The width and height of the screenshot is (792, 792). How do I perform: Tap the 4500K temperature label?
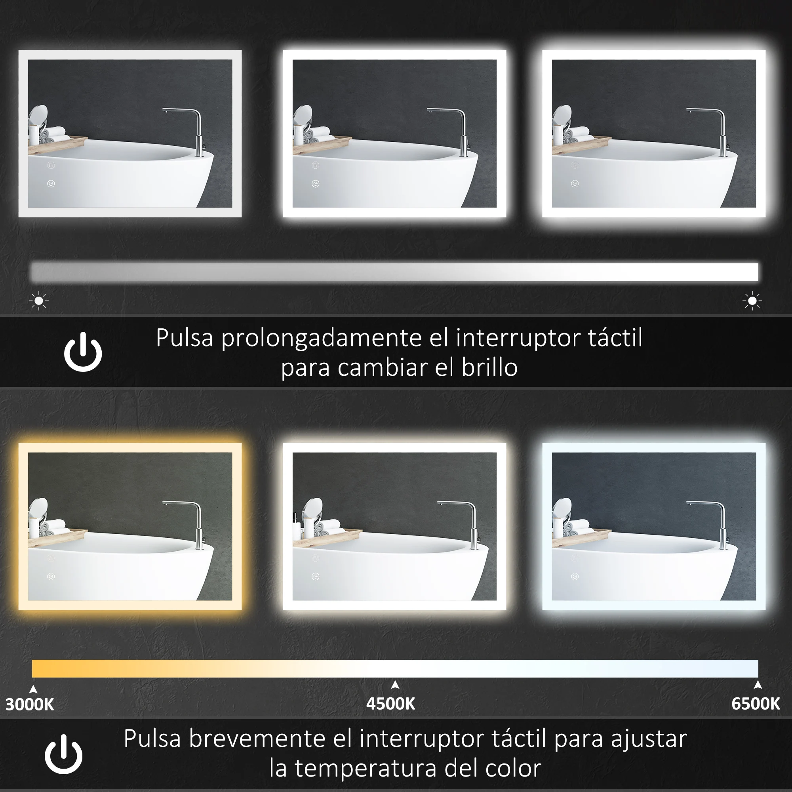391,704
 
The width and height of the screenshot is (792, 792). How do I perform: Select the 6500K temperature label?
756,704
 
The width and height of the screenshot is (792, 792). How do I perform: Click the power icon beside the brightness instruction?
83,352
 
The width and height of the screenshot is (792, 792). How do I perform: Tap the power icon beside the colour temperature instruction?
63,754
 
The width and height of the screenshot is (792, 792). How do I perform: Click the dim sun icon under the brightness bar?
39,301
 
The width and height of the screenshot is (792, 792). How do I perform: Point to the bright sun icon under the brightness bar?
752,301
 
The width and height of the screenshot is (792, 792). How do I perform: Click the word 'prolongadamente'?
322,339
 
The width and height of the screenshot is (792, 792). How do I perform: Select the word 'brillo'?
489,368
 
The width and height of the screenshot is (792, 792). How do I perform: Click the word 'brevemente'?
257,739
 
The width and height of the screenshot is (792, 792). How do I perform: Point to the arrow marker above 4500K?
395,685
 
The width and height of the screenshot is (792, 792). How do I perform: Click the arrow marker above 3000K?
34,689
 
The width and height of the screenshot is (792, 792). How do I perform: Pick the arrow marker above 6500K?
758,685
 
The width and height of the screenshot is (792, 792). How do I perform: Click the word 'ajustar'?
649,739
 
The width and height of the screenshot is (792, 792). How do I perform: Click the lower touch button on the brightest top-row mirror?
575,184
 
